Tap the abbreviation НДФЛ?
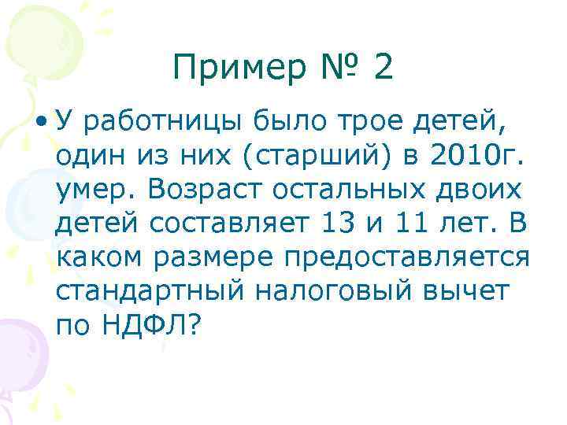pyautogui.click(x=150, y=324)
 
